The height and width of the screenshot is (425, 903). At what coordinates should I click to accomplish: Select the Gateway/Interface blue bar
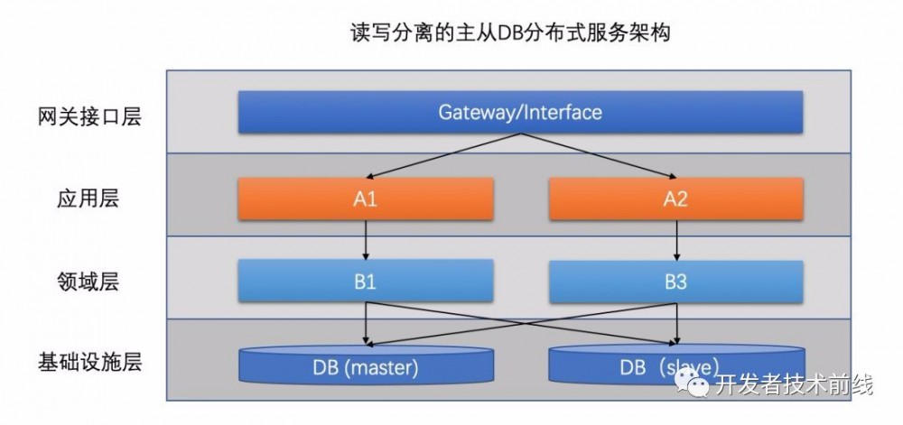pyautogui.click(x=520, y=113)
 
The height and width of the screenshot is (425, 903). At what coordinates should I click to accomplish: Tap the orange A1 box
pyautogui.click(x=365, y=199)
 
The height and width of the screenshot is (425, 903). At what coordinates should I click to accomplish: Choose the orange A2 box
pyautogui.click(x=675, y=199)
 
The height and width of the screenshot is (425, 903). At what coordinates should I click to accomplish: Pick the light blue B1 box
pyautogui.click(x=365, y=282)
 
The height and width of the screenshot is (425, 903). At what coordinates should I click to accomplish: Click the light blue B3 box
pyautogui.click(x=675, y=282)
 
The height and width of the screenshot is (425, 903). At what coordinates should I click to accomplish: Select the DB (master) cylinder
pyautogui.click(x=366, y=366)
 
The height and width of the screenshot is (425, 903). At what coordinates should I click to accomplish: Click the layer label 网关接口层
pyautogui.click(x=89, y=117)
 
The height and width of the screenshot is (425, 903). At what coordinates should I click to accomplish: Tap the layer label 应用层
pyautogui.click(x=89, y=199)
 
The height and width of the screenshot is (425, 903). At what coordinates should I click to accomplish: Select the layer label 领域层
pyautogui.click(x=89, y=282)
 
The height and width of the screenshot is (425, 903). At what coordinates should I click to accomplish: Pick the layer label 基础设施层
pyautogui.click(x=89, y=364)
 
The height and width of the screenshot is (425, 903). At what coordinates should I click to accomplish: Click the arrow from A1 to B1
pyautogui.click(x=365, y=240)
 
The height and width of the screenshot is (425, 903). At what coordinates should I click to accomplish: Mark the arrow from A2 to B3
pyautogui.click(x=675, y=240)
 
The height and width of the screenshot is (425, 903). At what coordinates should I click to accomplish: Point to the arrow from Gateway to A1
pyautogui.click(x=442, y=155)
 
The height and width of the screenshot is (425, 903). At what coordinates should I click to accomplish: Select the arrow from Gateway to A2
pyautogui.click(x=596, y=155)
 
